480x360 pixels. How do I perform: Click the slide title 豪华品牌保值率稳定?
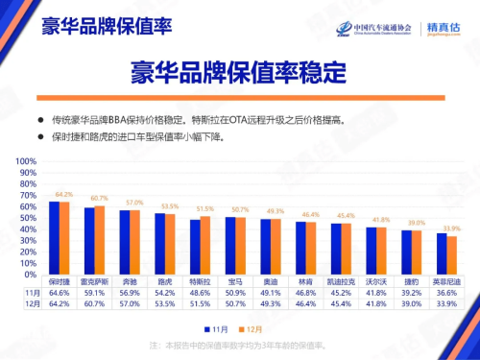pos(239,74)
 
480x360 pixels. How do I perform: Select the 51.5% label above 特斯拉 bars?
pos(204,207)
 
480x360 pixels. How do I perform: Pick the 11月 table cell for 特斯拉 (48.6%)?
pos(200,293)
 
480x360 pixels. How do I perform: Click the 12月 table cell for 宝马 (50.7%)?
pos(235,304)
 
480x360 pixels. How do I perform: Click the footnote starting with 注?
pos(240,345)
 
